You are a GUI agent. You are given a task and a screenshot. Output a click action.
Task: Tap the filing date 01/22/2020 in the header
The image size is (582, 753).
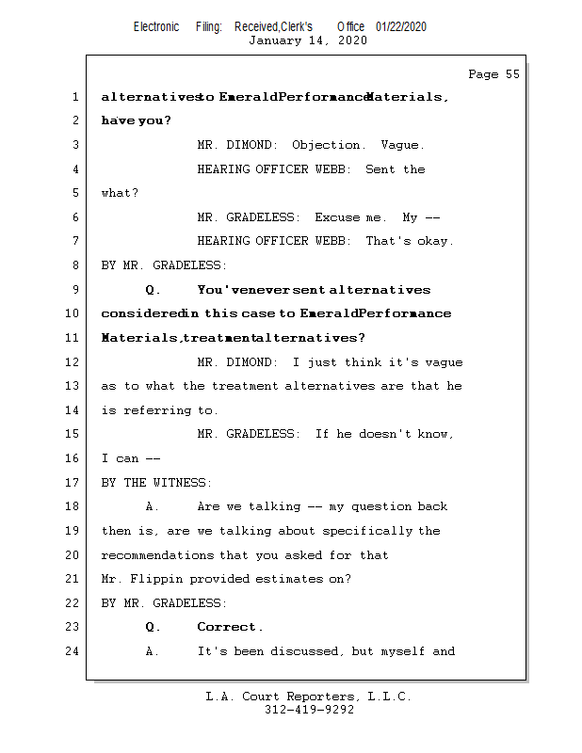[400, 27]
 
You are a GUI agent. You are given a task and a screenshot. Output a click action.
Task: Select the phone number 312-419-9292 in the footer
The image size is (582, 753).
[309, 711]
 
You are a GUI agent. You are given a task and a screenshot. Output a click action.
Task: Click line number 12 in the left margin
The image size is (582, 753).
[74, 361]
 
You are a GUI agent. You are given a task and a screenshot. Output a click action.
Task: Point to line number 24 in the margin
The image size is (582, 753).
[74, 650]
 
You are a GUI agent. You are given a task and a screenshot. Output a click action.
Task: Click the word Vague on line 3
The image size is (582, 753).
[402, 145]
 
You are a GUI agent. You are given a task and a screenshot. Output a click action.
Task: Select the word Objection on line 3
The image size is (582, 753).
[328, 145]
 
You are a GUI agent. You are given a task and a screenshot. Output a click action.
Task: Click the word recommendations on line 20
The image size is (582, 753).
[158, 555]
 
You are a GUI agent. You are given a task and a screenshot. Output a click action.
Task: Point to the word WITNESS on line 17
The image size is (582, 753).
[183, 483]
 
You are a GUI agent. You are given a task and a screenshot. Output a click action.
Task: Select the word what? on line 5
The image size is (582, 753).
[120, 193]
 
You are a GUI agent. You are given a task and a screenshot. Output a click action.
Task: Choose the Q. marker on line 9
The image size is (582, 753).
[154, 290]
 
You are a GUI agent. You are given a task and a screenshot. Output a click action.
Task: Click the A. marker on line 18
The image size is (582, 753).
[154, 506]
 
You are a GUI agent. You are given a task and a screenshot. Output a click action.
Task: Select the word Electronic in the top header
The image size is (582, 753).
[156, 27]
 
